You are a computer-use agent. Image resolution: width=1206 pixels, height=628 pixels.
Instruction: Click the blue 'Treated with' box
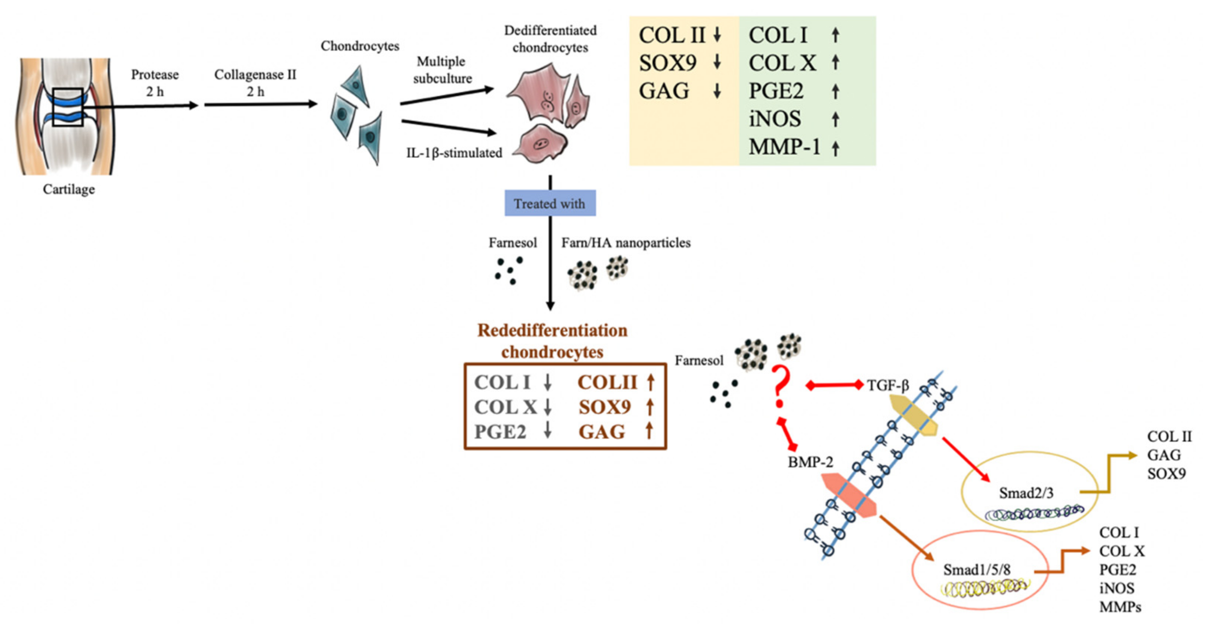(x=550, y=203)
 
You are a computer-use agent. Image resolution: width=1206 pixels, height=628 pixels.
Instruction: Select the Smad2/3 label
(x=1025, y=493)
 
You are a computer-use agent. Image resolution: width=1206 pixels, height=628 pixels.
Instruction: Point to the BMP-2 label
(x=810, y=462)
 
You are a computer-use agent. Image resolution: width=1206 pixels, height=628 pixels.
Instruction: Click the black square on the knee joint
(x=68, y=107)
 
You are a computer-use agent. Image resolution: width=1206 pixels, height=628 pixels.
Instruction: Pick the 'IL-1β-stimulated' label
(x=454, y=153)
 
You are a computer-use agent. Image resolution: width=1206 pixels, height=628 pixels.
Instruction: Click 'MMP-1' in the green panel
(x=784, y=147)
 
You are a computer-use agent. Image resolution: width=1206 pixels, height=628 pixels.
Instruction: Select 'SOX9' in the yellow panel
(x=667, y=63)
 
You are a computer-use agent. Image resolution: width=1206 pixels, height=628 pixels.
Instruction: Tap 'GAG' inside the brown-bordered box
(x=602, y=432)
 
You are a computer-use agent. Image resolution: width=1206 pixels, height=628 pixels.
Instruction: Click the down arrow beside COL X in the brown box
(x=547, y=407)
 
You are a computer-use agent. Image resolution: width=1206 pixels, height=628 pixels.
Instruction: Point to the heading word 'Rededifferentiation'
(x=552, y=330)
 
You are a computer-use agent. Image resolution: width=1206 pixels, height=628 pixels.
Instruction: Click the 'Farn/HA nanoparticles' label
(x=626, y=242)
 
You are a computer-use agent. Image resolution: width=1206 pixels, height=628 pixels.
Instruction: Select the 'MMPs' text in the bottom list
(x=1120, y=607)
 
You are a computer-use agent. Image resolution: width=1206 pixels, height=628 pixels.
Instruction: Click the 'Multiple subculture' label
(x=441, y=70)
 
